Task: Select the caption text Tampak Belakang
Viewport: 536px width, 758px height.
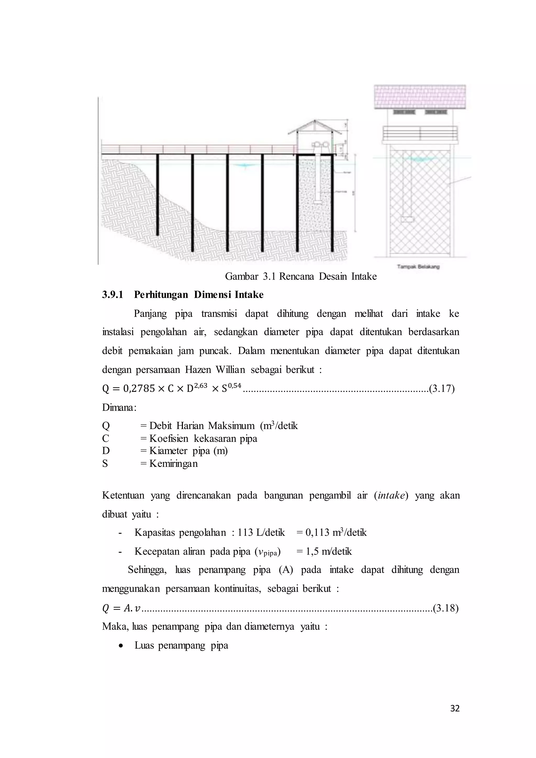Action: [418, 266]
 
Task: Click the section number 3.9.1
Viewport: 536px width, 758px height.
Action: [112, 294]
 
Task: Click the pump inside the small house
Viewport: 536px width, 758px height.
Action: [319, 145]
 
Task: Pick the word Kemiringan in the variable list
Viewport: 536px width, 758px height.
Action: [173, 464]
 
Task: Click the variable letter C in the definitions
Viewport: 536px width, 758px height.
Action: [106, 438]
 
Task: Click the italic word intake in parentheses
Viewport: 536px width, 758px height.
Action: [391, 495]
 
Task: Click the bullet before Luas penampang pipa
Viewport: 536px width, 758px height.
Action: [122, 646]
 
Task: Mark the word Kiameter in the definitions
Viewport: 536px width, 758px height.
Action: [168, 451]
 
